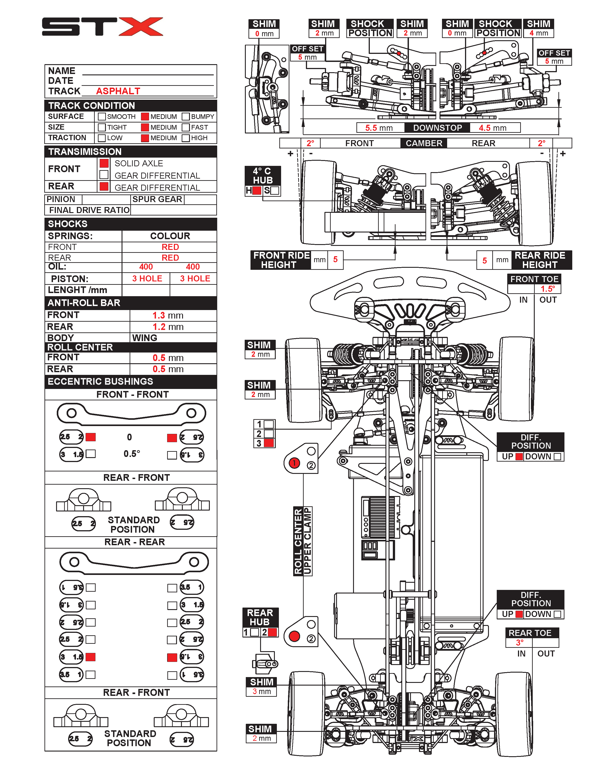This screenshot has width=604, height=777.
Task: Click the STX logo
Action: [x=102, y=27]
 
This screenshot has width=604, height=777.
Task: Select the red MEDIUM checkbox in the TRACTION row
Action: [x=145, y=138]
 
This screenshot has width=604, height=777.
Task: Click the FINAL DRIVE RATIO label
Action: [x=89, y=210]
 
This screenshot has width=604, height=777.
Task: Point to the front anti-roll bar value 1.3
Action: [x=159, y=316]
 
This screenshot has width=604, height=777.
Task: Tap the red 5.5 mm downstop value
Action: [x=379, y=128]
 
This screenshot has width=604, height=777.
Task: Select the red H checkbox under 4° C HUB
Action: [x=257, y=191]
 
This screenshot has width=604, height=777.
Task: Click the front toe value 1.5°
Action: [x=547, y=289]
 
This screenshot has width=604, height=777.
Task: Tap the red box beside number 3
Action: [x=269, y=443]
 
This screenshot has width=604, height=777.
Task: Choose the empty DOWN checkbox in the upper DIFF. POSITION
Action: [x=557, y=456]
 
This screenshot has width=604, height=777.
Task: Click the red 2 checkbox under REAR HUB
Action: [x=272, y=632]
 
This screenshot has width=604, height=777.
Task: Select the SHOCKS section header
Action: [x=67, y=224]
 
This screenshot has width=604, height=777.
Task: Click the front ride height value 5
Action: [x=335, y=260]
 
